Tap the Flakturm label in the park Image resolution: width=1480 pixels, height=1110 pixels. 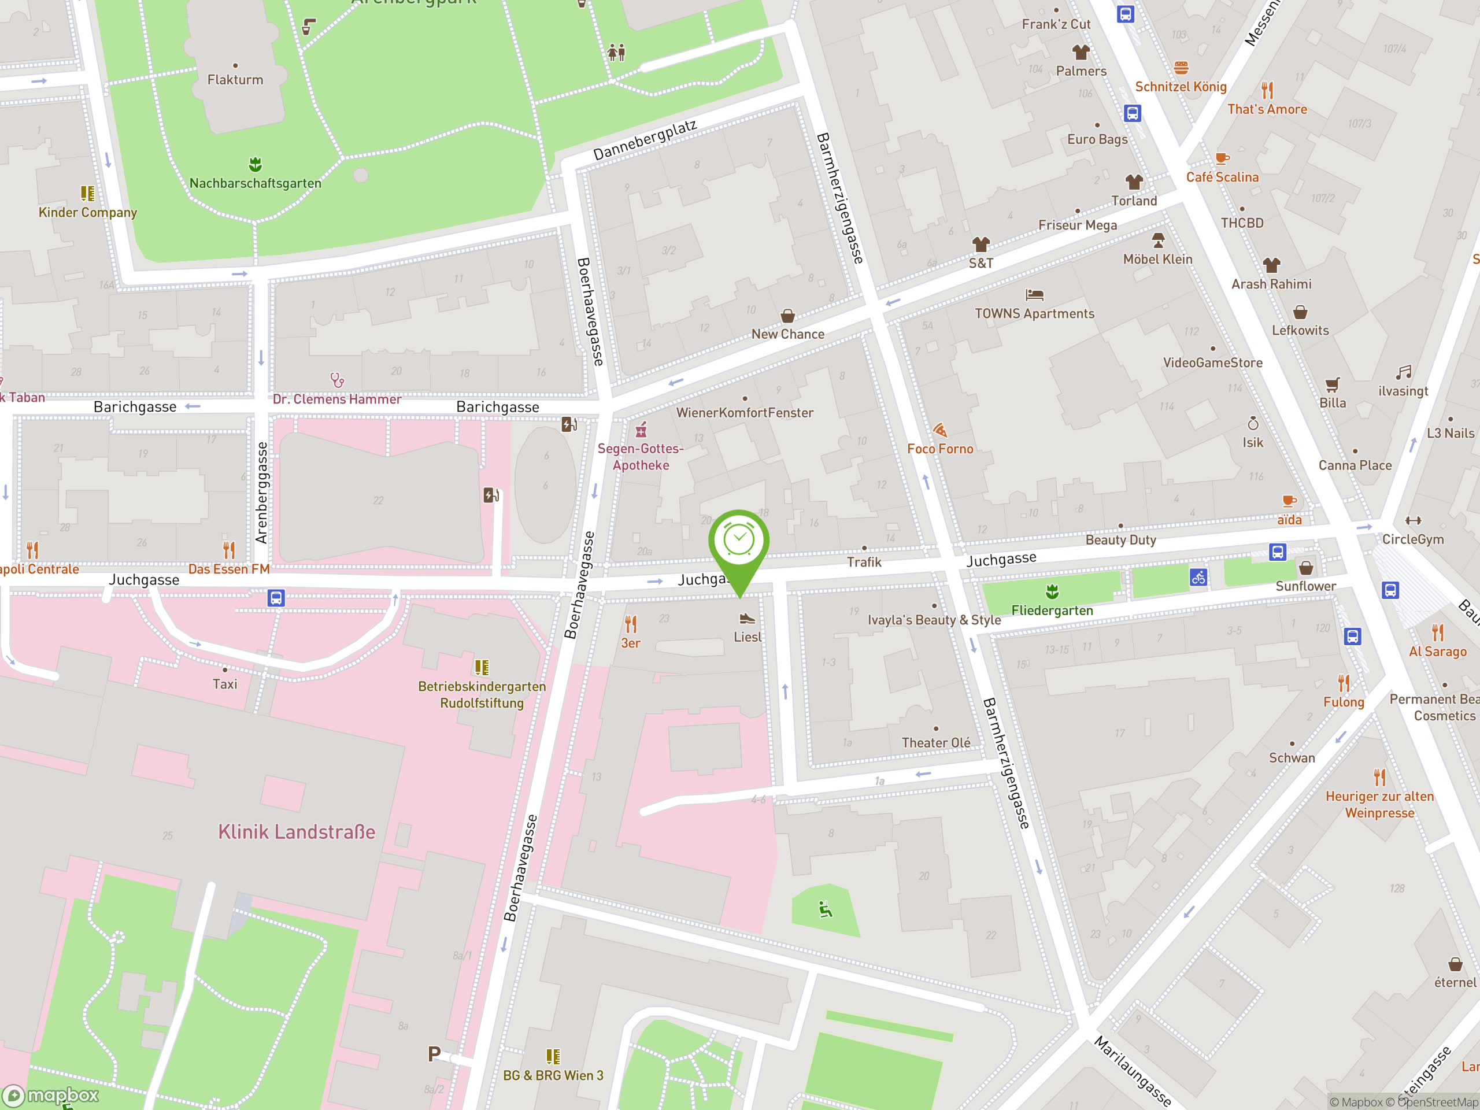click(x=235, y=80)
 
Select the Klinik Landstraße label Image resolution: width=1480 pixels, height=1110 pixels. click(x=297, y=832)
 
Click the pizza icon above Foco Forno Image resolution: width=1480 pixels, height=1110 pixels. click(x=940, y=430)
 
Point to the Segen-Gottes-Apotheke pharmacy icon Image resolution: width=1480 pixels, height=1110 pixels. click(x=641, y=429)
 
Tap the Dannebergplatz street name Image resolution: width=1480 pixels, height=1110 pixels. click(x=645, y=140)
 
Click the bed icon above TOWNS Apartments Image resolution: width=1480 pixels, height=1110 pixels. click(x=1034, y=294)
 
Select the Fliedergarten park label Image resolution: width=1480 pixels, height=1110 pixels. click(x=1052, y=610)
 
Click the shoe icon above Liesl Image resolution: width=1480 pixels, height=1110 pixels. click(x=748, y=618)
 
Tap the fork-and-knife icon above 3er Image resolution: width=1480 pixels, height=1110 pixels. click(x=630, y=624)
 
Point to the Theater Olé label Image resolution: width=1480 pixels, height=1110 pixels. click(x=935, y=743)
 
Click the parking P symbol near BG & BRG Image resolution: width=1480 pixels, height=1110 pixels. click(x=434, y=1054)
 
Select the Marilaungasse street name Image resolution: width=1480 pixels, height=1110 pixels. click(x=1132, y=1071)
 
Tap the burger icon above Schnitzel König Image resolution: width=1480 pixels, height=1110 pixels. click(x=1181, y=68)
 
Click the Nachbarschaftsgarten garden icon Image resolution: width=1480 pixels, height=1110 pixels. click(x=255, y=164)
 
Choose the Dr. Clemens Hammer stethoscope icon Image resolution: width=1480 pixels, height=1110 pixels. click(x=337, y=380)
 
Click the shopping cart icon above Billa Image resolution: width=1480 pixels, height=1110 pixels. click(x=1332, y=384)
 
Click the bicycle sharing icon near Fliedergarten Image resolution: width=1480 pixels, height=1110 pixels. click(x=1198, y=577)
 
